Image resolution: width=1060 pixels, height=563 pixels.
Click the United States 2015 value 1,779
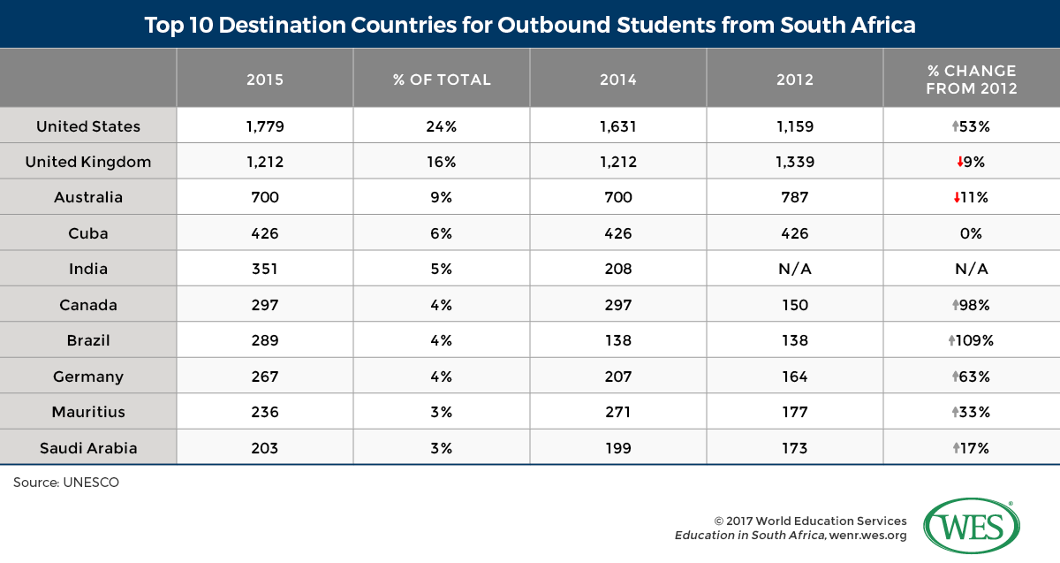click(265, 126)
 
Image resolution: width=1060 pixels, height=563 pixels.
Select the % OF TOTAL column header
click(442, 80)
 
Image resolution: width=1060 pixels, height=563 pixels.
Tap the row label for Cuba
click(88, 233)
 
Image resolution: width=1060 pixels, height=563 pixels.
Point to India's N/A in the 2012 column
click(795, 269)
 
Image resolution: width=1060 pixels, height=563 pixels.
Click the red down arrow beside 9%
click(959, 162)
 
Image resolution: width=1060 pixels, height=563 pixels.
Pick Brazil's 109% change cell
click(971, 340)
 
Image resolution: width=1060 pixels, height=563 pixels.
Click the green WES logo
click(972, 526)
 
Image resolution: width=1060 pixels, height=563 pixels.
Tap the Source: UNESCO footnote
click(66, 483)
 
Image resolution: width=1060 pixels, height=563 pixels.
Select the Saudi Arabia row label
click(88, 448)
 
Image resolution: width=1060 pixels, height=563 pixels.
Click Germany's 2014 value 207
click(618, 377)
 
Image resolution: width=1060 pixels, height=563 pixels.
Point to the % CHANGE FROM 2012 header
click(972, 80)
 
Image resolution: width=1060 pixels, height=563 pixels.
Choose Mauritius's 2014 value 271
click(618, 412)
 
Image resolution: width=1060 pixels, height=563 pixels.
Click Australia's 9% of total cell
click(442, 197)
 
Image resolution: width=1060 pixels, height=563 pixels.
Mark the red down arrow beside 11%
click(957, 197)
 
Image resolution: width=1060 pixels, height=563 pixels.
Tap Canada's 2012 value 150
click(795, 305)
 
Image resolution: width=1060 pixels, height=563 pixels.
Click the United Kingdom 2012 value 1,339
click(795, 162)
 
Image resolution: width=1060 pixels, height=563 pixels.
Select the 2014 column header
click(618, 80)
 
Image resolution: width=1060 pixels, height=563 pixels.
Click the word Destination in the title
click(282, 25)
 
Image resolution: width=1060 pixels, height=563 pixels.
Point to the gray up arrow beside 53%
click(956, 126)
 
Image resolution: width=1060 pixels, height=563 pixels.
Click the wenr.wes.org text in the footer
click(868, 536)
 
